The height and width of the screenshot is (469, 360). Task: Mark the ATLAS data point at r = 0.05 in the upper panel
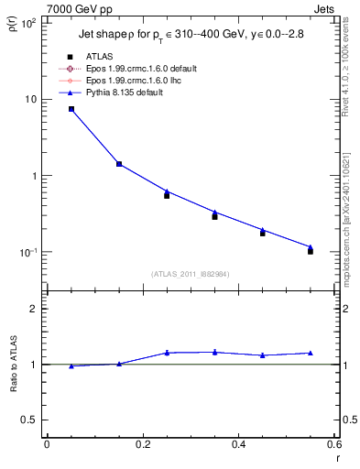[71, 109]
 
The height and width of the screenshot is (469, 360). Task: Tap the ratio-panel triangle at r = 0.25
[167, 353]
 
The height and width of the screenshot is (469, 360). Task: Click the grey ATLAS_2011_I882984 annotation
[190, 274]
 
